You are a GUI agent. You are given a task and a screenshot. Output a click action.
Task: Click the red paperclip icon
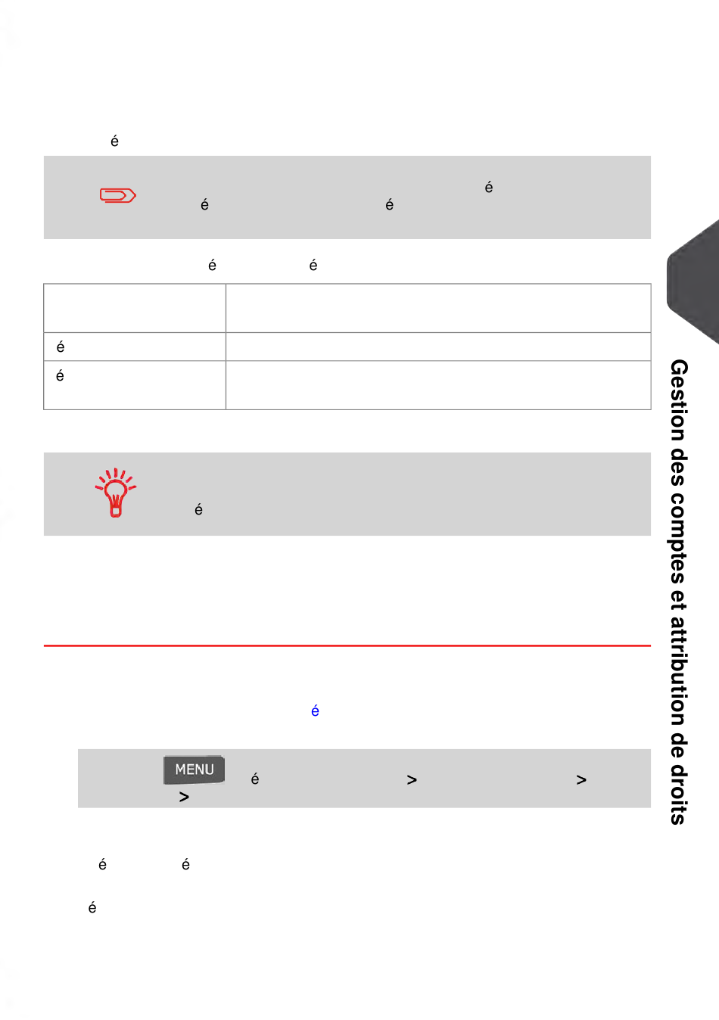coord(118,195)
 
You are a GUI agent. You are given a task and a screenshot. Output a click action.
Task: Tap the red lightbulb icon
coord(116,493)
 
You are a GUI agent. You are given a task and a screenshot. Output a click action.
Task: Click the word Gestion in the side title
coord(678,400)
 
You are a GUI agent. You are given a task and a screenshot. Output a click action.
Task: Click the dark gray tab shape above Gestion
coord(693,281)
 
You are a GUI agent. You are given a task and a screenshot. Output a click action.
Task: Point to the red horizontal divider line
coord(347,645)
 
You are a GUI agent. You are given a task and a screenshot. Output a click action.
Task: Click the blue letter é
coord(315,711)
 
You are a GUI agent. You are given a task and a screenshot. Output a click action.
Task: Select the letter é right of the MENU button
coord(255,779)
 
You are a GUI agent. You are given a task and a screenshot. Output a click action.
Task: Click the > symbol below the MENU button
coord(184,797)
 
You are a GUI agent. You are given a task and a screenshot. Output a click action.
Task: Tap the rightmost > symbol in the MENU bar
coord(581,780)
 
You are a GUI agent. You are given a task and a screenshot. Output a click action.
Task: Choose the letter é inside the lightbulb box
coord(198,509)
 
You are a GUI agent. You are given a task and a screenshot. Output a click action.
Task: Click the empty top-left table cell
coord(135,308)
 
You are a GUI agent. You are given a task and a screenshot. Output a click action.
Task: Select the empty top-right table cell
coord(438,308)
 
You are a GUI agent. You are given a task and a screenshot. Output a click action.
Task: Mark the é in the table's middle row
coord(61,347)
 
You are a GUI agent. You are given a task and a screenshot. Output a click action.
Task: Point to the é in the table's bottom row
coord(60,375)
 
